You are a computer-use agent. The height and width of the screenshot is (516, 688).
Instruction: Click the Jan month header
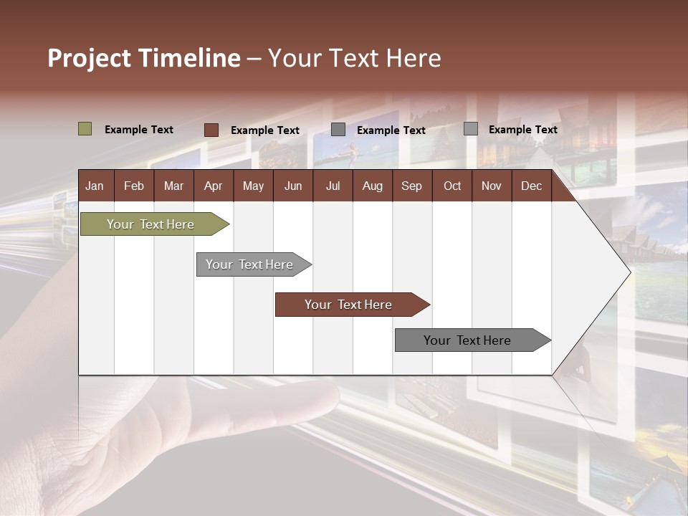coord(95,186)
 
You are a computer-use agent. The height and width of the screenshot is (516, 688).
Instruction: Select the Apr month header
coord(213,186)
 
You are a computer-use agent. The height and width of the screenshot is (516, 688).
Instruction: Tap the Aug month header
coord(372,186)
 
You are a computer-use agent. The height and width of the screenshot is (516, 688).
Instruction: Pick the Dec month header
coord(531,186)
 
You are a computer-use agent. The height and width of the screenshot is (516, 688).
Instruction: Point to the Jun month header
coord(292,186)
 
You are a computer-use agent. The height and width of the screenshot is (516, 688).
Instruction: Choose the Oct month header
coord(451,186)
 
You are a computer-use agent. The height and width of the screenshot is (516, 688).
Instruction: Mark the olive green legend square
coord(85,129)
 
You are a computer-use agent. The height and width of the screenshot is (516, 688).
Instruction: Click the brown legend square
coord(211,130)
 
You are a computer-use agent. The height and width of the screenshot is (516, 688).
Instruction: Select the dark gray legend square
coord(338,130)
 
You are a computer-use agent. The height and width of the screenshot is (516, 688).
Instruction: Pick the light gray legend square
coord(470,129)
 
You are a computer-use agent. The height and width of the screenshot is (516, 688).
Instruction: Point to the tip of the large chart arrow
coord(629,272)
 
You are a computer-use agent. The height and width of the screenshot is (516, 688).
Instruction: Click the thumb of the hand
coord(287,401)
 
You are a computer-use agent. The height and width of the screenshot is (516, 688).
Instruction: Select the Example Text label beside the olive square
coord(139,130)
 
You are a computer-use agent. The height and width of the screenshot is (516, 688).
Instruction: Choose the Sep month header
coord(411,186)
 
